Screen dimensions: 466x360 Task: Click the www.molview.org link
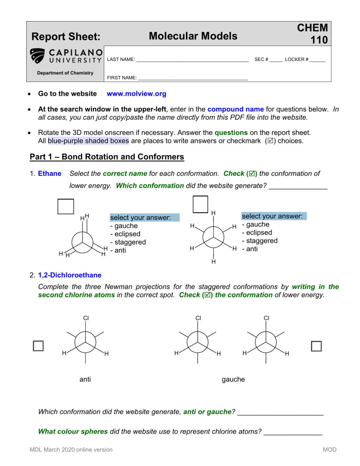pos(136,94)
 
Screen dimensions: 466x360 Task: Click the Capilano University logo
pos(65,56)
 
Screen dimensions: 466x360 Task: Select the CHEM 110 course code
pos(315,34)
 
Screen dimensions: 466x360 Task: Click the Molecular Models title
pos(192,36)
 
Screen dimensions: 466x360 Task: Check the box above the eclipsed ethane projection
pos(66,206)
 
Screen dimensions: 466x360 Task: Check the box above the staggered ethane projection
pos(200,203)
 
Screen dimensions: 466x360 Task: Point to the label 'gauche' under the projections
pos(233,379)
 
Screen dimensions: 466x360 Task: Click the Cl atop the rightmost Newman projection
pos(266,317)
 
